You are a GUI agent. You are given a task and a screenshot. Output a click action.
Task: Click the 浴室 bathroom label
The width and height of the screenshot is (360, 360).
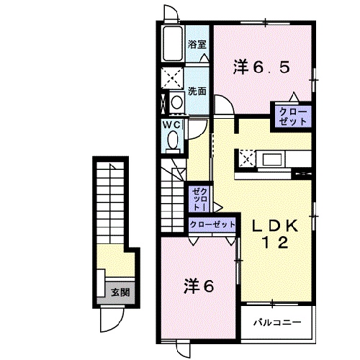(197, 45)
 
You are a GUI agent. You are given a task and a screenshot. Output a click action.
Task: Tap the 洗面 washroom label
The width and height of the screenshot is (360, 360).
(197, 91)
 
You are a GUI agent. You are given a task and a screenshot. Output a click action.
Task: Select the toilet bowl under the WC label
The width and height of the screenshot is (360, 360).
(171, 140)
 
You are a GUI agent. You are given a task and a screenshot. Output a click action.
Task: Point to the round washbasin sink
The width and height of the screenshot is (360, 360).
(176, 102)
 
